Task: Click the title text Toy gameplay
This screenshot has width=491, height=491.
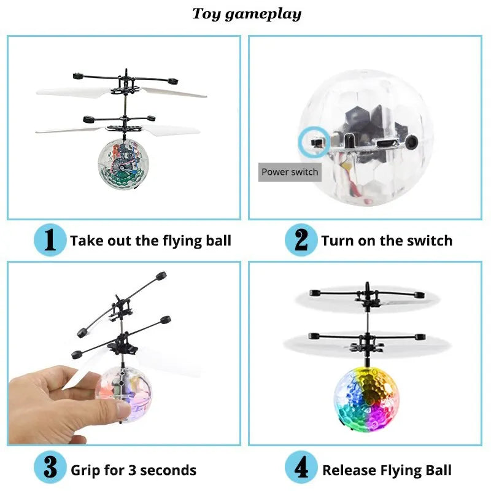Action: click(247, 14)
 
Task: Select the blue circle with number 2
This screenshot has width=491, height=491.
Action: click(301, 240)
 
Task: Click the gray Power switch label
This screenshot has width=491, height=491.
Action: click(290, 172)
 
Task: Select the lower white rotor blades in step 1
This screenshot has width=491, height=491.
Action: click(117, 130)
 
